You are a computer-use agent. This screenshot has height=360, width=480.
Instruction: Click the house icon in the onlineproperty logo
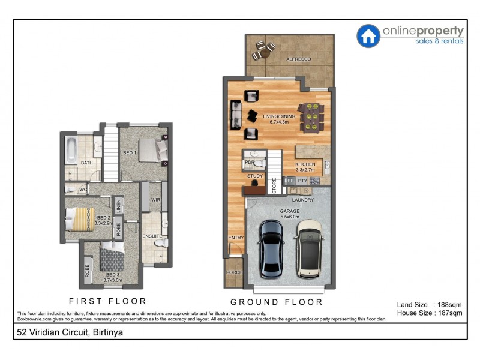368,35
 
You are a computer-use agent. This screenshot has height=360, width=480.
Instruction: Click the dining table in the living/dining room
312,116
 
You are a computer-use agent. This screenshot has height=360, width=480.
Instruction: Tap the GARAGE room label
289,211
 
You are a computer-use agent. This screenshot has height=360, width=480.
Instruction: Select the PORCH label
233,272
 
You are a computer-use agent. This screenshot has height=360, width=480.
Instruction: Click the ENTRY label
236,238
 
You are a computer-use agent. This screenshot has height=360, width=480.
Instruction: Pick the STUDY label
255,176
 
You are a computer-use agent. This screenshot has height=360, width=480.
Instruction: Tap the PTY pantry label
302,180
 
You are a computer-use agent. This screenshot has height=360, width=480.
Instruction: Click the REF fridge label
289,180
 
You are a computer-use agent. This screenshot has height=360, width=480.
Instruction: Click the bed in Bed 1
149,149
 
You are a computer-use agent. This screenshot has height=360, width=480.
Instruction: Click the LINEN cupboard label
118,206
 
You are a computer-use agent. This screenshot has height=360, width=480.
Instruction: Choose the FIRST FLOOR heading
107,301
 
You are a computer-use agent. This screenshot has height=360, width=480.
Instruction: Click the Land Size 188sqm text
430,304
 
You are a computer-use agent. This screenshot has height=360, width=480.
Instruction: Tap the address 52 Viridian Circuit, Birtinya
66,331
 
